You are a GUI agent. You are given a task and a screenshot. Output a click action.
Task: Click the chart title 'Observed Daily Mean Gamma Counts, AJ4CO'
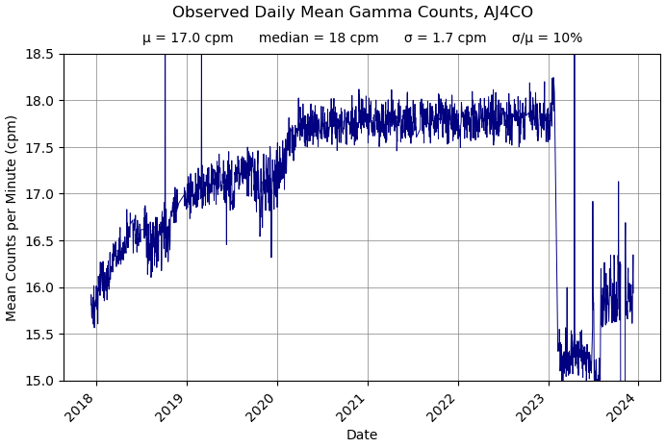[352, 12]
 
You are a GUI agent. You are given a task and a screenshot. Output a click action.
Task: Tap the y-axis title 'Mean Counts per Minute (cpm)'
[12, 217]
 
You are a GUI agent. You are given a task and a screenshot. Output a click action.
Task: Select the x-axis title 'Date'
[362, 435]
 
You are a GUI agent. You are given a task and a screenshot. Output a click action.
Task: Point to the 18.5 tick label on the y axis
[39, 54]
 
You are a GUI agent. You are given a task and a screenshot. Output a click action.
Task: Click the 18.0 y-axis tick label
[39, 101]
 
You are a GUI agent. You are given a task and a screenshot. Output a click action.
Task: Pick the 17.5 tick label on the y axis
[39, 147]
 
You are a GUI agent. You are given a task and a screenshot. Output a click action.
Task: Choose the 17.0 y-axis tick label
[39, 194]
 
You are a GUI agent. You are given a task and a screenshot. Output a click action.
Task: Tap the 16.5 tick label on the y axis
[39, 240]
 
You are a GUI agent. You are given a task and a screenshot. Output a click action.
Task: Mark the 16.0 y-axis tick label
[39, 287]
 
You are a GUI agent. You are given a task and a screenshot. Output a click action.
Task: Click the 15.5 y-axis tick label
[39, 334]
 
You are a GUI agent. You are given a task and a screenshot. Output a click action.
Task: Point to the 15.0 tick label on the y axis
[39, 381]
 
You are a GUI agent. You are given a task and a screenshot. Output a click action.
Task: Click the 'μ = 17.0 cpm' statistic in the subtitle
[188, 38]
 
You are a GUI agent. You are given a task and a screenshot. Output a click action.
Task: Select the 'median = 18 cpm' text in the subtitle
[319, 38]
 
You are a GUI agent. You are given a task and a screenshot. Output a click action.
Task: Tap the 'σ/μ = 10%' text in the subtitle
[547, 38]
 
